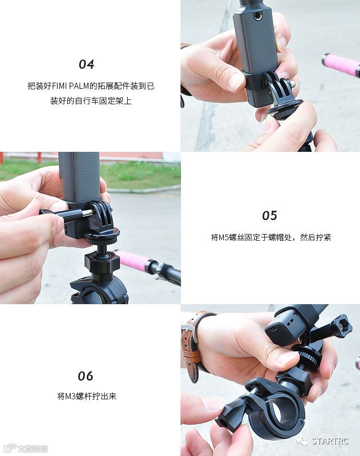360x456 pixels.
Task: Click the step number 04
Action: click(x=86, y=64)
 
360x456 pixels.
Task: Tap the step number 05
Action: click(x=269, y=215)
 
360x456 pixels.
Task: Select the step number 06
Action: click(x=85, y=376)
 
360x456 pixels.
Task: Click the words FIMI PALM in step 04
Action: click(x=70, y=86)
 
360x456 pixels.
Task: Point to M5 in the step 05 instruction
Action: click(x=223, y=237)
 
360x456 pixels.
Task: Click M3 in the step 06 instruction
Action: click(x=70, y=396)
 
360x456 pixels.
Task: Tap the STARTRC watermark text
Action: click(x=330, y=441)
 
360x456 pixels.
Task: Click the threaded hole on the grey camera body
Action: click(x=257, y=16)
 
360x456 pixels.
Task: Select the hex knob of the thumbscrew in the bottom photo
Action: click(x=342, y=326)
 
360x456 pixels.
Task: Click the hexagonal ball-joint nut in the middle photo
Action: click(x=102, y=261)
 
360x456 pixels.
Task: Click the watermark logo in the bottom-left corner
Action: click(x=11, y=448)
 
